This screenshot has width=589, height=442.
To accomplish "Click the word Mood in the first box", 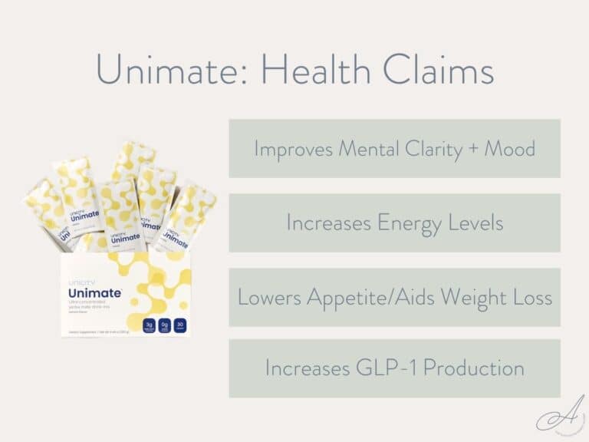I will pos(509,148).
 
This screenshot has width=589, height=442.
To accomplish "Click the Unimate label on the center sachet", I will pos(125,239).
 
